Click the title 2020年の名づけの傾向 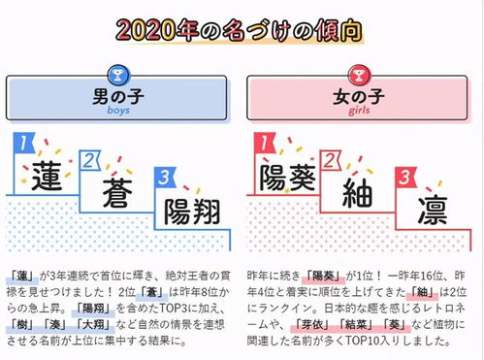[x=242, y=26]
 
